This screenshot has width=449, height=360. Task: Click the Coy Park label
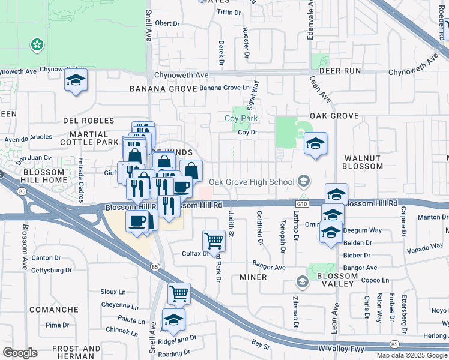click(x=241, y=119)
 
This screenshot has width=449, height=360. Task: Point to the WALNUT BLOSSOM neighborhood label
click(x=363, y=161)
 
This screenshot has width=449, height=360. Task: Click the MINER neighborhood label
click(x=253, y=278)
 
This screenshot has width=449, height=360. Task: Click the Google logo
click(x=20, y=352)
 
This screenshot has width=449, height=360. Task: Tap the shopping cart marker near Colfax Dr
click(x=214, y=241)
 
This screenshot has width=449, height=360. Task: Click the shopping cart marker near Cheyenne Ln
click(x=179, y=293)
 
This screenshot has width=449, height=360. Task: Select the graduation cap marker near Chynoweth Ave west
click(x=76, y=80)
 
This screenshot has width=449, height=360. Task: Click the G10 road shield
click(x=302, y=204)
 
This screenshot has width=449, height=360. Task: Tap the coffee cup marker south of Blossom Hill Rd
click(x=136, y=221)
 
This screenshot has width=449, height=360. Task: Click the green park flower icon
click(x=37, y=44)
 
